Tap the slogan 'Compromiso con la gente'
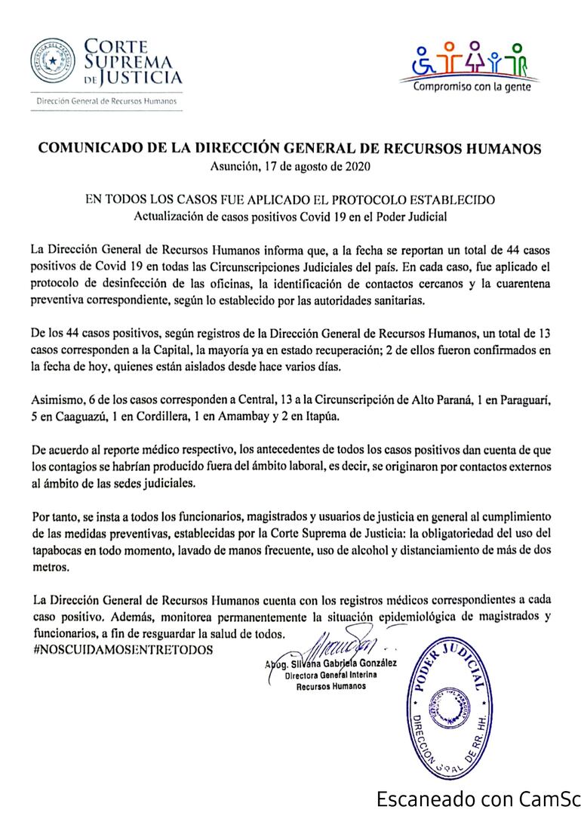click(x=472, y=86)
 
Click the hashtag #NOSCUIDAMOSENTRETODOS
click(x=123, y=649)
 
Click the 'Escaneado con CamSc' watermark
click(x=475, y=799)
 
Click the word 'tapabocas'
click(x=61, y=551)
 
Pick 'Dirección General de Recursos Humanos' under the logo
click(x=106, y=100)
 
